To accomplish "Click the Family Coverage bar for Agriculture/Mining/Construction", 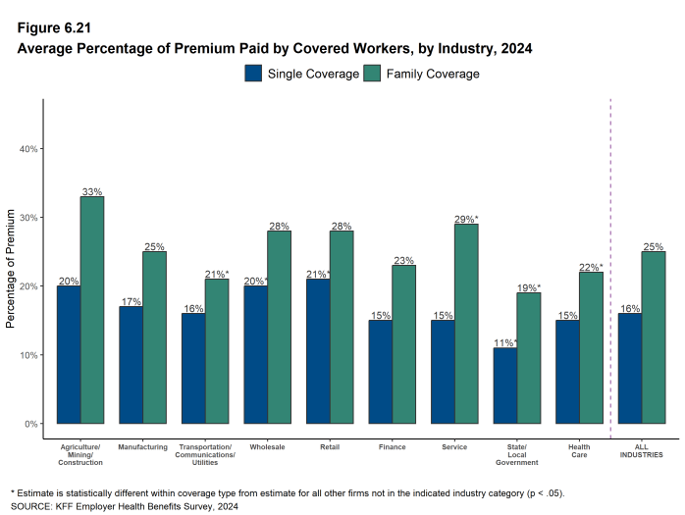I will click(92, 310).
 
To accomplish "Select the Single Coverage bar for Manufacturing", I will click(131, 365).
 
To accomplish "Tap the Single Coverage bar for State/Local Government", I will click(504, 386).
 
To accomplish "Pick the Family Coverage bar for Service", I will click(466, 324).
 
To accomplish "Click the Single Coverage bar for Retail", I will click(318, 351).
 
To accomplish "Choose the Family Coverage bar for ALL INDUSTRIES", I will click(653, 337).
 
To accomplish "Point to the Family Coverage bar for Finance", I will click(403, 344).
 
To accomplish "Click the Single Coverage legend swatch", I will click(253, 74).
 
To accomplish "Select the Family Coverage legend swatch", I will click(373, 74).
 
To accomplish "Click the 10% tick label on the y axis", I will click(28, 355).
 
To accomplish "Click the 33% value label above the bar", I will click(92, 191).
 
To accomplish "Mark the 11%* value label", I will click(505, 342).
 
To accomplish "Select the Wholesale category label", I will click(267, 447).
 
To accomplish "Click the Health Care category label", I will click(579, 451).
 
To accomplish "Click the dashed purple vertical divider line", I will click(610, 265).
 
